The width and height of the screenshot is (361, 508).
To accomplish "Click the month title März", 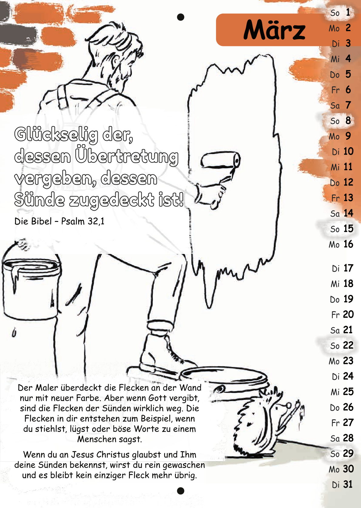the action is point(274,30).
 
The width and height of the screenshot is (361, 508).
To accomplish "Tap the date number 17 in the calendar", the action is point(348,268).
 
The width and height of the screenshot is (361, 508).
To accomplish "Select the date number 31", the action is point(348,484).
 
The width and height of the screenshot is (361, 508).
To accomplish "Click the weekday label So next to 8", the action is point(335,121).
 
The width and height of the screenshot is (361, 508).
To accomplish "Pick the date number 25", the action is point(348,392).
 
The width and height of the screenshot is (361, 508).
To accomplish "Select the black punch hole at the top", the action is point(180,17).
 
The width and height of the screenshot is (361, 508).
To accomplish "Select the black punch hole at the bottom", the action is point(180,491).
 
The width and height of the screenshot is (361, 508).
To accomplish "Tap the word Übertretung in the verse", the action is point(127,157).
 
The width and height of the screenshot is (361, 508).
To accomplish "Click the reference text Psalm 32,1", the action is point(83,221).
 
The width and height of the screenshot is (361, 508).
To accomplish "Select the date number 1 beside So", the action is point(348,12).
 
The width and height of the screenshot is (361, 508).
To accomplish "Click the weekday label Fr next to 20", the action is point(335,315).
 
